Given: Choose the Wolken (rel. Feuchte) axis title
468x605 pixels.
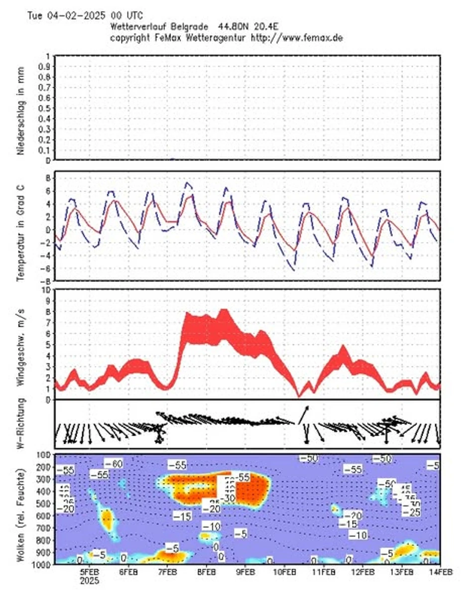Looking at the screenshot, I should point(21,508).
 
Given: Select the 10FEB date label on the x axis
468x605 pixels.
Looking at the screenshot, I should point(284,573).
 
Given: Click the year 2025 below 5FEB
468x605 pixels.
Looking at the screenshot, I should point(90,581).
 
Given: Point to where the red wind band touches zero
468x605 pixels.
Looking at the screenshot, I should point(299,397).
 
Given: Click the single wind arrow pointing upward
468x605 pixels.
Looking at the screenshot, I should point(303,414).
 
